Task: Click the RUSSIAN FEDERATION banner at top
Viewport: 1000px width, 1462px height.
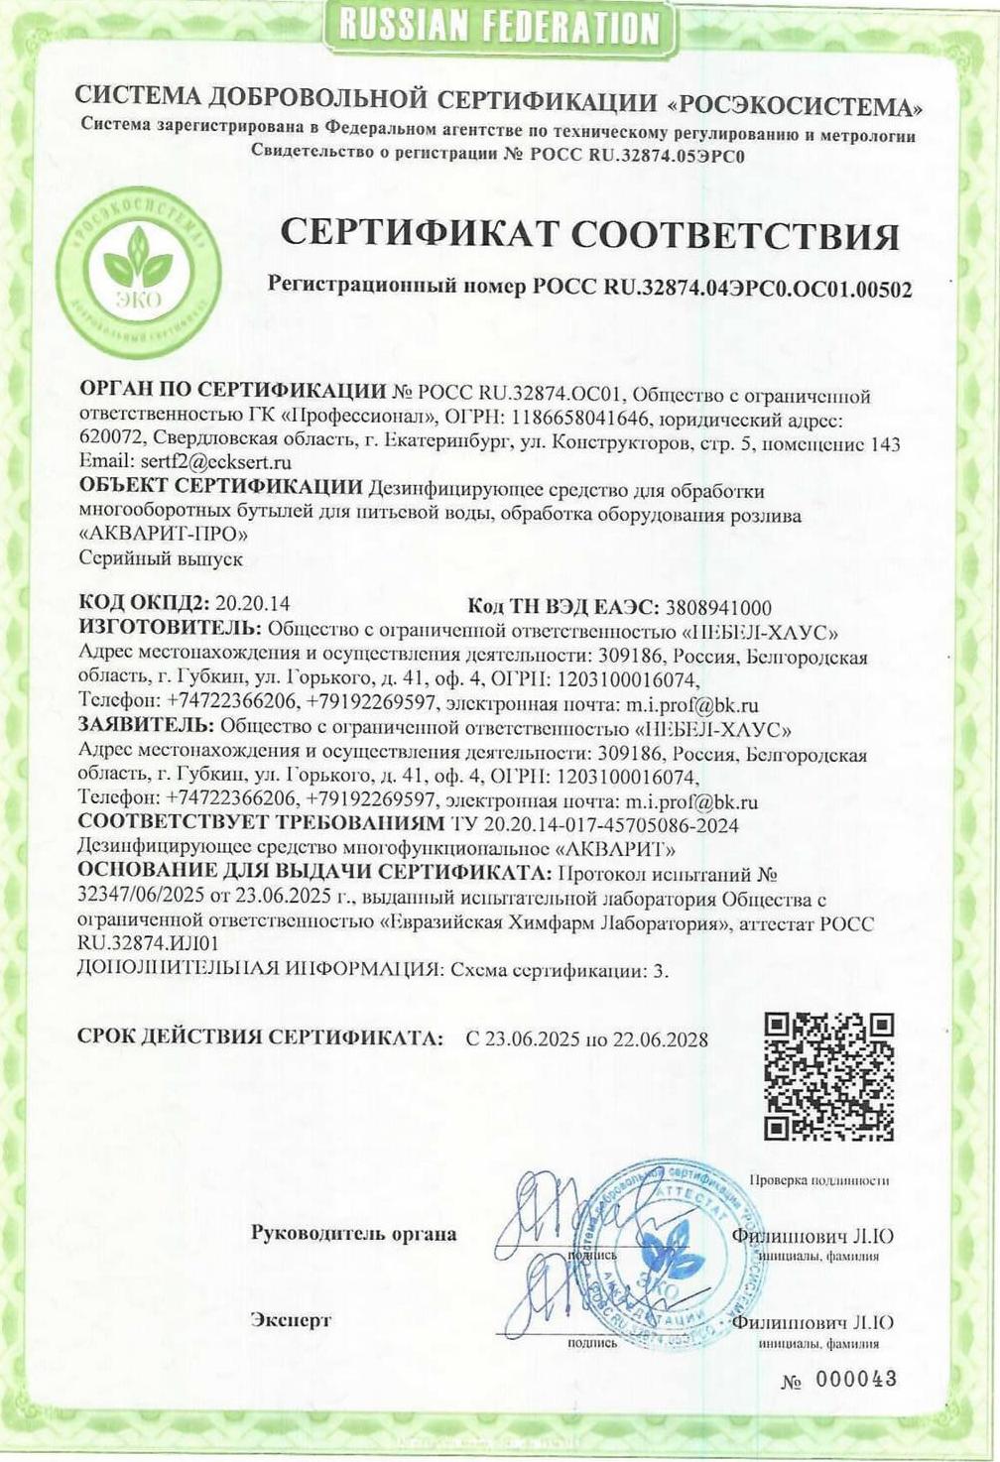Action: [x=498, y=27]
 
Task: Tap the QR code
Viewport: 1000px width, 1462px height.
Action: [x=830, y=1076]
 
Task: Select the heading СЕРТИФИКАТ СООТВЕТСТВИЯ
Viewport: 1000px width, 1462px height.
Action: [x=590, y=235]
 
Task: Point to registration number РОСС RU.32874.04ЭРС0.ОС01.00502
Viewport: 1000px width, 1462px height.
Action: [x=721, y=288]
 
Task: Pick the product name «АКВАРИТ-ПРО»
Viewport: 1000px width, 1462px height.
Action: [x=163, y=535]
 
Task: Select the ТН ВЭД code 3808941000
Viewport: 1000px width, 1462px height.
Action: [x=719, y=608]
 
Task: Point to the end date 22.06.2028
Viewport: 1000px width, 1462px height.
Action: [x=663, y=1038]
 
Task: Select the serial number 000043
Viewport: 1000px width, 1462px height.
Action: [x=857, y=1379]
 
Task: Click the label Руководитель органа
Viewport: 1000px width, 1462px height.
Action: [x=354, y=1235]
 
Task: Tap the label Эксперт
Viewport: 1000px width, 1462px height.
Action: [x=291, y=1320]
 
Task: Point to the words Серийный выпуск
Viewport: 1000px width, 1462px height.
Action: [x=161, y=559]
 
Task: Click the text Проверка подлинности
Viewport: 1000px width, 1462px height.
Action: [x=819, y=1180]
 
